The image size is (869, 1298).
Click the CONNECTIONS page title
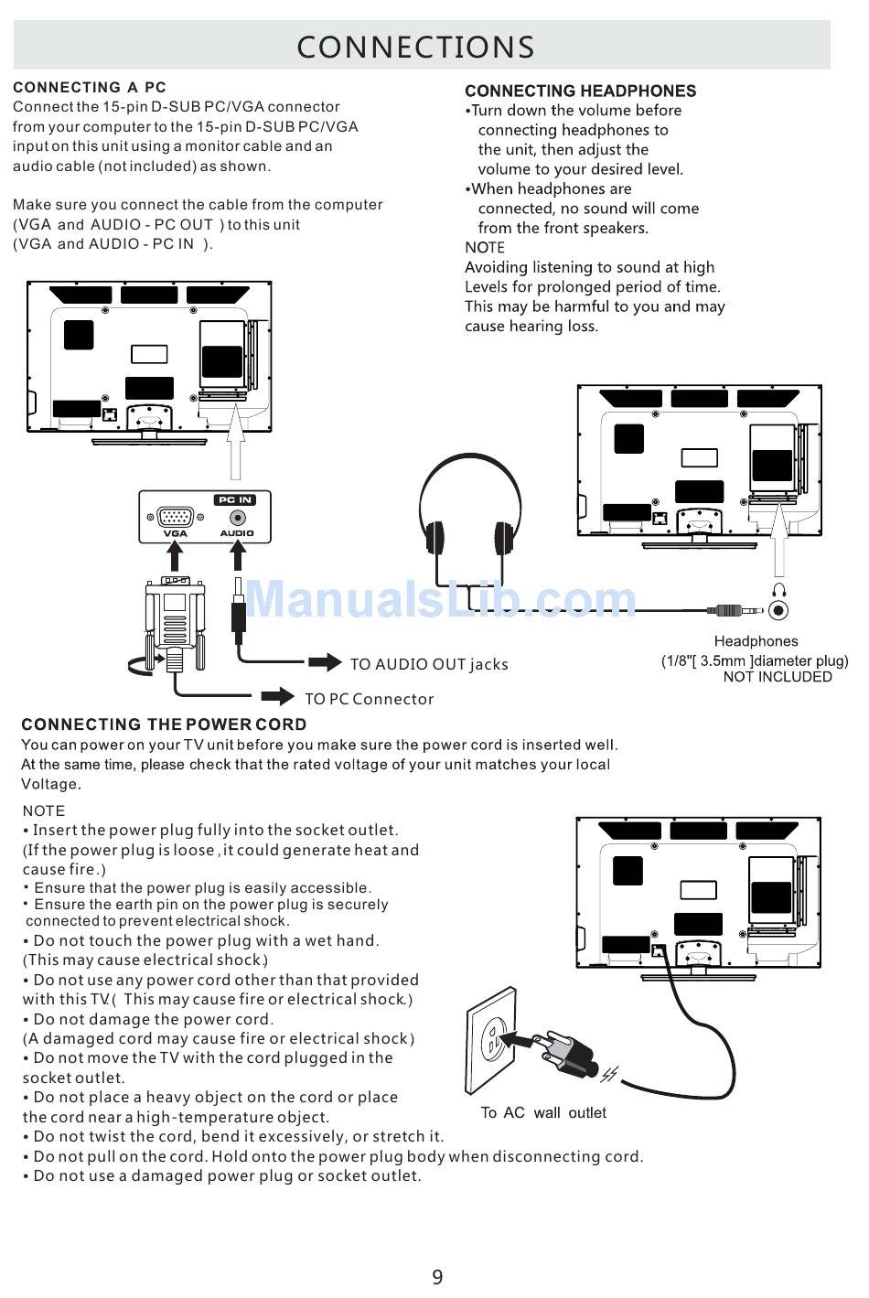pyautogui.click(x=415, y=47)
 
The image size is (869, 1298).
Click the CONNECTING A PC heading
pyautogui.click(x=90, y=88)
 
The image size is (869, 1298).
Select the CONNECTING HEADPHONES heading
pyautogui.click(x=580, y=91)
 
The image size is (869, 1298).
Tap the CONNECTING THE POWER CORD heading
pyautogui.click(x=164, y=724)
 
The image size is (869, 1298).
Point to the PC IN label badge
pyautogui.click(x=234, y=499)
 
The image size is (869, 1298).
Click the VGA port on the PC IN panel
pyautogui.click(x=175, y=517)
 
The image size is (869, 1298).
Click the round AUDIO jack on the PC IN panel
pyautogui.click(x=237, y=517)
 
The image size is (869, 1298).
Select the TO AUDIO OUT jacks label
pyautogui.click(x=429, y=664)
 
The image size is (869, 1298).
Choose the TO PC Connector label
pyautogui.click(x=369, y=699)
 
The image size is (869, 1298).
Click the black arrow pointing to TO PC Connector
pyautogui.click(x=279, y=697)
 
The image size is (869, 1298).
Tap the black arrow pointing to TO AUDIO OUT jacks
pyautogui.click(x=325, y=662)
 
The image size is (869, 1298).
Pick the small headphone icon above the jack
pyautogui.click(x=779, y=590)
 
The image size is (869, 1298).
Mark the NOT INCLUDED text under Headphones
pyautogui.click(x=778, y=677)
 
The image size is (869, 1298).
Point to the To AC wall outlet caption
pyautogui.click(x=543, y=1112)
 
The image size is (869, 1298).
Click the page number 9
pyautogui.click(x=437, y=1277)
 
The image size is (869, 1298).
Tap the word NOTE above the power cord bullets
pyautogui.click(x=44, y=810)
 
